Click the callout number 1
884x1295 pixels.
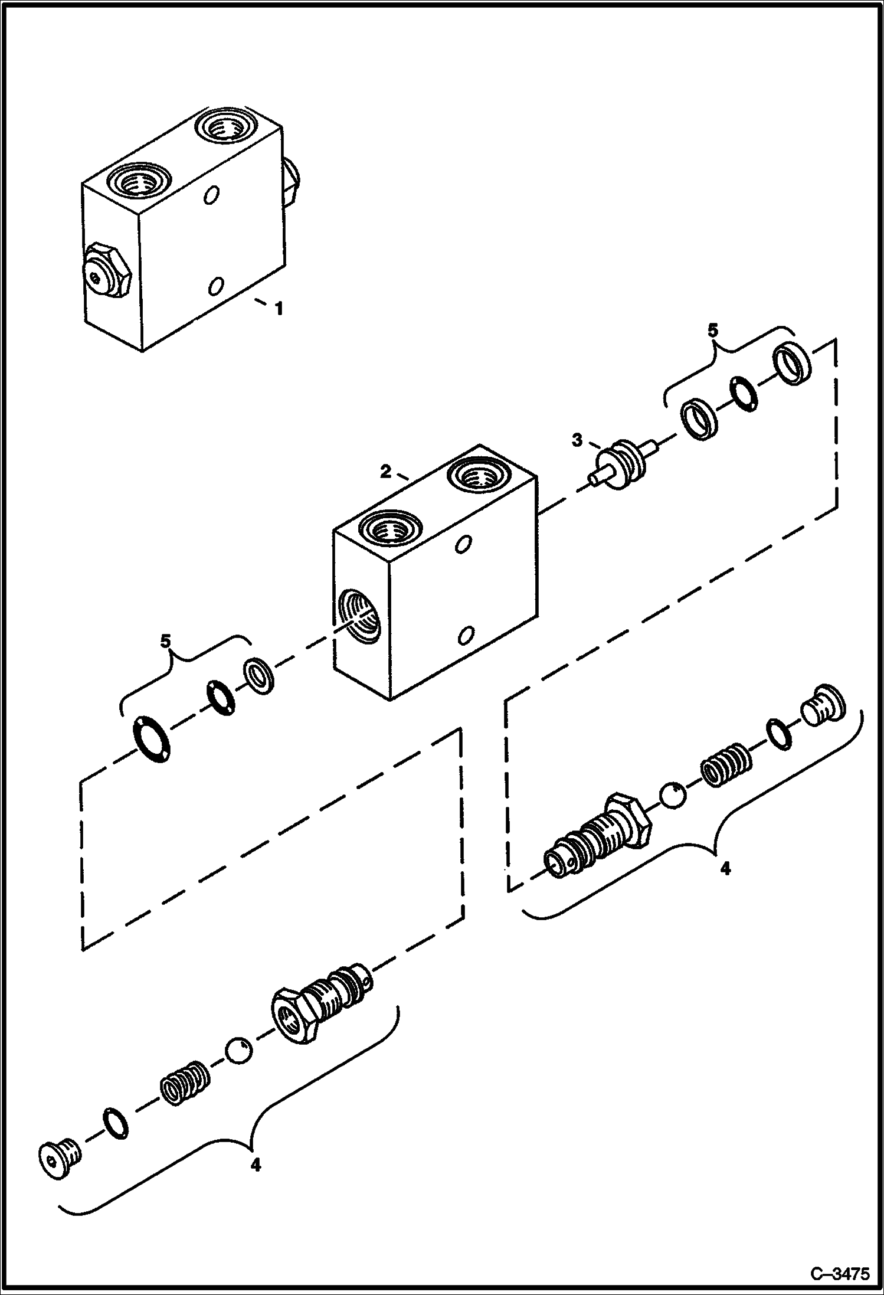278,308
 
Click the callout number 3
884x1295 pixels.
577,440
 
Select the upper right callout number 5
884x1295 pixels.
713,331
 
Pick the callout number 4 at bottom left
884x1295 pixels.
255,1165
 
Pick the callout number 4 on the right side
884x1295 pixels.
725,868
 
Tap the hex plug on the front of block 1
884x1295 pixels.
106,273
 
